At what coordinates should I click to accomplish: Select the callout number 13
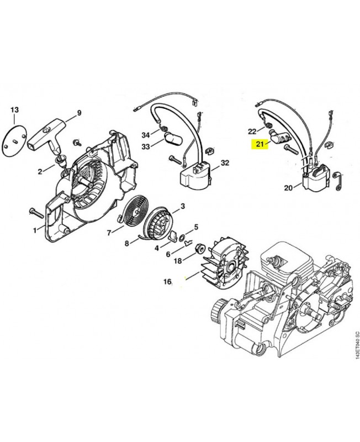click(15, 110)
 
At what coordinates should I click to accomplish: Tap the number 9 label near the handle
click(78, 113)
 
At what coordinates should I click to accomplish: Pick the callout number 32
click(224, 163)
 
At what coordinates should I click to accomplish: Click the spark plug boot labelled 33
click(172, 138)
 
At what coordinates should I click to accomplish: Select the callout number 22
click(252, 131)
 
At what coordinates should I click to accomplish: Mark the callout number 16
click(167, 282)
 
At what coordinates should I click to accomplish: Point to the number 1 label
click(35, 230)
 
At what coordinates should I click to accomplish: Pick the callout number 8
click(126, 243)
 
